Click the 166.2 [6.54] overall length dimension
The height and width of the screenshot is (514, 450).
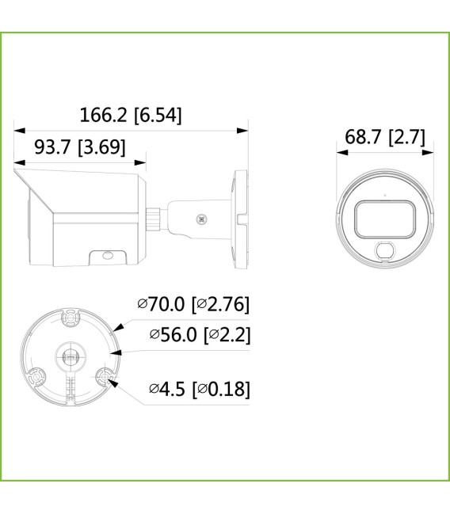[131, 115]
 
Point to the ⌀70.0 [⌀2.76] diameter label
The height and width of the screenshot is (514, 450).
[193, 304]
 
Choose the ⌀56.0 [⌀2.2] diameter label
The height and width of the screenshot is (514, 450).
[200, 334]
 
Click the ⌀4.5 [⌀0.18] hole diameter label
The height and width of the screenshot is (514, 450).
[200, 389]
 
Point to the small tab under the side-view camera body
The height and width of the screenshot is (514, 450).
[105, 257]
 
